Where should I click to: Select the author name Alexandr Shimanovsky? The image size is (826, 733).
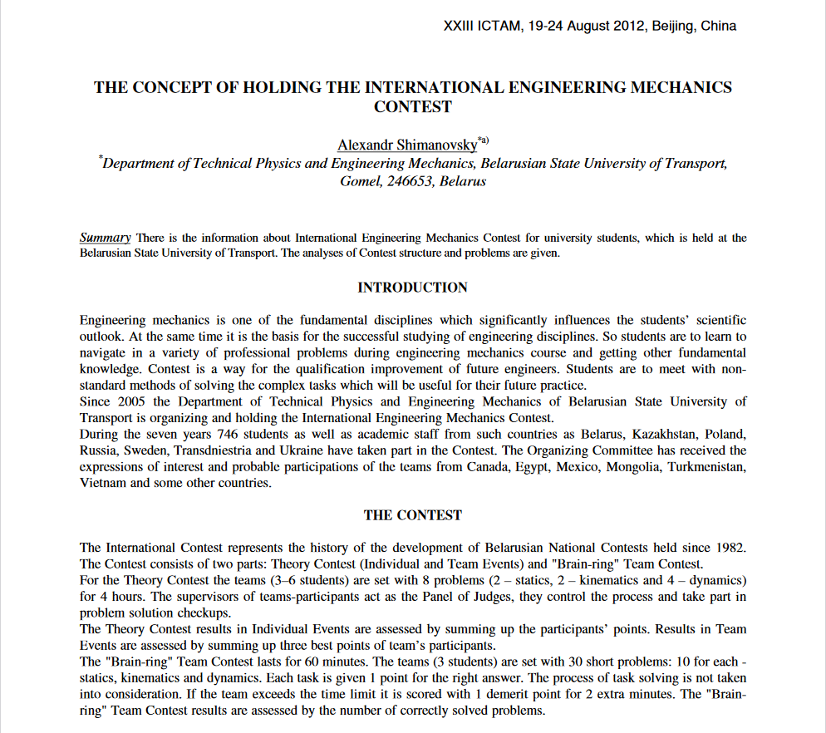tap(407, 145)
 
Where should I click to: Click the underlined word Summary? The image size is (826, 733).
tap(105, 238)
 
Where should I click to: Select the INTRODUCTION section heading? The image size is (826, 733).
tap(412, 288)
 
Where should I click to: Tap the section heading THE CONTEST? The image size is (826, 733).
tap(412, 515)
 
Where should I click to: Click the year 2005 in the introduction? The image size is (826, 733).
tap(126, 402)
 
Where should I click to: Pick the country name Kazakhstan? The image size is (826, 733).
tap(667, 435)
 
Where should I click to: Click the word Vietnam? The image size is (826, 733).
tap(102, 483)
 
